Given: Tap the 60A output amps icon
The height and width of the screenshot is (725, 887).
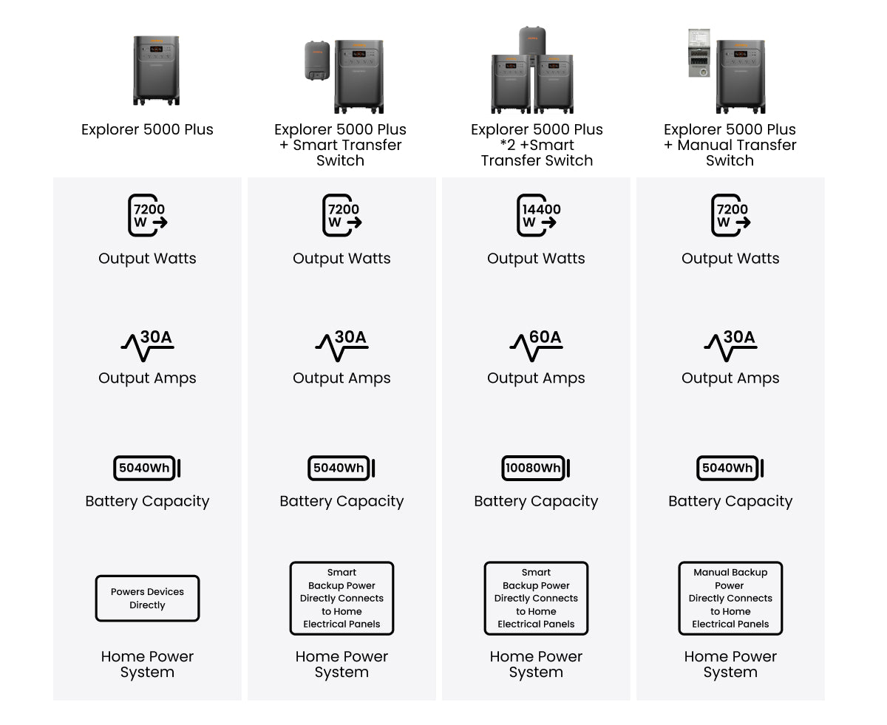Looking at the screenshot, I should pyautogui.click(x=536, y=346).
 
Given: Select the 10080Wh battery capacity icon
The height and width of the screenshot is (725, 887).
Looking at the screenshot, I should pyautogui.click(x=536, y=468).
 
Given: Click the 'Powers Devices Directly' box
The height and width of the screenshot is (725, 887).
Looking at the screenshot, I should pyautogui.click(x=147, y=599).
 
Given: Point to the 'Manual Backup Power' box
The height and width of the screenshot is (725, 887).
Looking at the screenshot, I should pyautogui.click(x=730, y=598).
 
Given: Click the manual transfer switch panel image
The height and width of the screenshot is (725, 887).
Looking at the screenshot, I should pyautogui.click(x=699, y=53).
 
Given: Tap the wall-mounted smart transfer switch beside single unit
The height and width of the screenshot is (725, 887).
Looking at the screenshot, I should pyautogui.click(x=317, y=61).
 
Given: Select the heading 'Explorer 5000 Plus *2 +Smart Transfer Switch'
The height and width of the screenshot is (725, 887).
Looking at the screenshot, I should pyautogui.click(x=537, y=145).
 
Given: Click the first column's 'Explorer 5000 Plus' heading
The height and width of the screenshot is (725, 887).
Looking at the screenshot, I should pyautogui.click(x=147, y=129).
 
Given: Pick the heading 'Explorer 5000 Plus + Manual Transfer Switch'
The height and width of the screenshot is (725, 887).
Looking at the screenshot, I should pyautogui.click(x=730, y=145).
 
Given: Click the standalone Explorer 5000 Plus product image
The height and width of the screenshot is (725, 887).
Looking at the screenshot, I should pyautogui.click(x=156, y=70).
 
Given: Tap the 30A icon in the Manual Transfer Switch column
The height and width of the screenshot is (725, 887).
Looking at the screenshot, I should pyautogui.click(x=730, y=346).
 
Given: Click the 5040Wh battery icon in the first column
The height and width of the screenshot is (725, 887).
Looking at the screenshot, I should pyautogui.click(x=147, y=468).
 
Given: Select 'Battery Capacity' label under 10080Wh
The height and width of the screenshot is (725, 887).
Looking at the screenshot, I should pyautogui.click(x=536, y=501).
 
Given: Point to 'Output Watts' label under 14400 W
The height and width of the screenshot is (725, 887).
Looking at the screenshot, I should pyautogui.click(x=536, y=259).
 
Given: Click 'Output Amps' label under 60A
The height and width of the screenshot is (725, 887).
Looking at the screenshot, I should pyautogui.click(x=536, y=378).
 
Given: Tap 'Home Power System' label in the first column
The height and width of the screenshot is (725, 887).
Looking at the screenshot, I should pyautogui.click(x=147, y=664).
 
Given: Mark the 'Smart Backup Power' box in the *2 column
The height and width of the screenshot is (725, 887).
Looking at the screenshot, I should pyautogui.click(x=536, y=598).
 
